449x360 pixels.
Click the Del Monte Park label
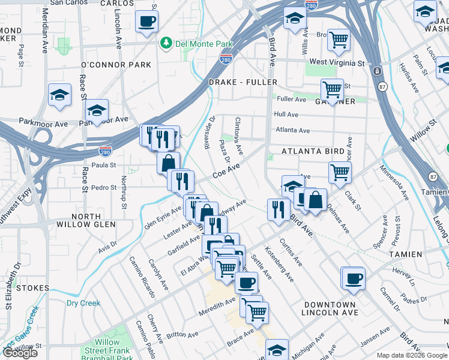point(196,43)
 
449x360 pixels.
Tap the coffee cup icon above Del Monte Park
point(147,22)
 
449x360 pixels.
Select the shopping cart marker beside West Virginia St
point(339,40)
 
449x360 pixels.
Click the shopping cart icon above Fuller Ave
point(332,90)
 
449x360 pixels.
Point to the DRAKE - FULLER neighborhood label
point(243,82)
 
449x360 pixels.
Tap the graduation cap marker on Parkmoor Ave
point(97,111)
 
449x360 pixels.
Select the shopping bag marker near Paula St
point(169,162)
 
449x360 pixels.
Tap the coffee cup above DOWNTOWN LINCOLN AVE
point(353,278)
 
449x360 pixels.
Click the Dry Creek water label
point(83,303)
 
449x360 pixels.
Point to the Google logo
point(20,353)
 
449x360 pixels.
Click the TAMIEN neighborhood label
point(405,254)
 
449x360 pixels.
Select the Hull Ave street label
point(286,114)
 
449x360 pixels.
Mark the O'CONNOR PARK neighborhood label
point(116,64)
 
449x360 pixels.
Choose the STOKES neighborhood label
point(32,288)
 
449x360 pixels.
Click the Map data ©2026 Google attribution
point(411,355)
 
